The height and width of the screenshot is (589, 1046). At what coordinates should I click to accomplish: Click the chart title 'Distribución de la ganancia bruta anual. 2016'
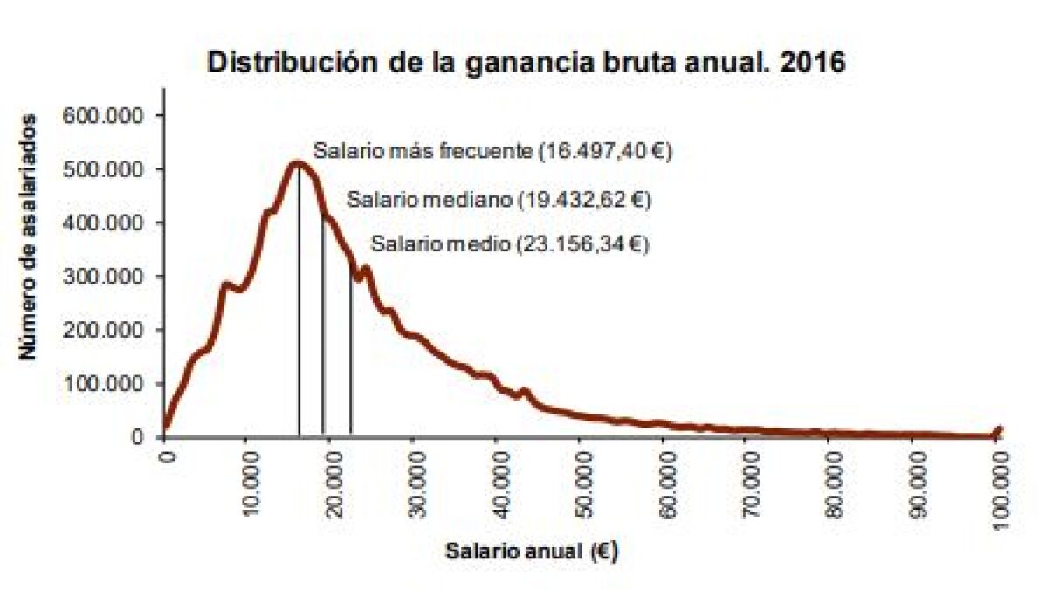tap(526, 62)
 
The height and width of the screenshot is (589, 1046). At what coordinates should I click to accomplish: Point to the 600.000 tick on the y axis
tap(103, 115)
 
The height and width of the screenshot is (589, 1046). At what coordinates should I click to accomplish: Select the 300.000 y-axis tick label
tap(103, 276)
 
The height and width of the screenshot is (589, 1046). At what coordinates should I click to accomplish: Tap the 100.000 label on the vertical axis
tap(103, 384)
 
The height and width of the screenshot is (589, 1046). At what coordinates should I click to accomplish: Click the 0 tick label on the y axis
tap(137, 437)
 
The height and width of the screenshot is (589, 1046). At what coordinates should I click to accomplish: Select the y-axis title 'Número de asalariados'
tap(28, 236)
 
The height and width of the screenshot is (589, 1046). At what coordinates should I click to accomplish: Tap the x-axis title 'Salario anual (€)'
tap(532, 551)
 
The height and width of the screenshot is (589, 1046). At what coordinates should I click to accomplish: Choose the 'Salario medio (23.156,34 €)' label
tap(510, 244)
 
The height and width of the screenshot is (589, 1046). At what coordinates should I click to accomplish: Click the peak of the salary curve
tap(298, 163)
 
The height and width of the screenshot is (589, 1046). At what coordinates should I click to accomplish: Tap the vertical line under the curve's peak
tap(299, 300)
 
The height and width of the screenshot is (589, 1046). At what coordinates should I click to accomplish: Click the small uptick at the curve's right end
tap(1000, 432)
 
